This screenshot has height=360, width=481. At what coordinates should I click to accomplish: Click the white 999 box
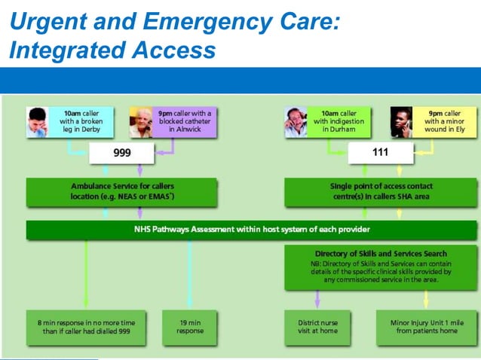pyautogui.click(x=121, y=154)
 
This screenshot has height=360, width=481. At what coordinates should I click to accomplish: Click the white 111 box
pyautogui.click(x=381, y=154)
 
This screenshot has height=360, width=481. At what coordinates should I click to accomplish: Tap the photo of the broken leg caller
pyautogui.click(x=38, y=122)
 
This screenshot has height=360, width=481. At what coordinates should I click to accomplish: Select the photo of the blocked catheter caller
pyautogui.click(x=140, y=122)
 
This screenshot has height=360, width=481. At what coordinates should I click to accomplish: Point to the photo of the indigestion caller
pyautogui.click(x=296, y=122)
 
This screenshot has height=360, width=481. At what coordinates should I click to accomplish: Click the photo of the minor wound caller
pyautogui.click(x=401, y=122)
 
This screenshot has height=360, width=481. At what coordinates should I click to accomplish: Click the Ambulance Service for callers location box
pyautogui.click(x=121, y=191)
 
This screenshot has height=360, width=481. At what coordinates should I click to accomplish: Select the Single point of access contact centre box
pyautogui.click(x=381, y=191)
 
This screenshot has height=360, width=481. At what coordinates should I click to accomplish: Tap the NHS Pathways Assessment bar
pyautogui.click(x=251, y=229)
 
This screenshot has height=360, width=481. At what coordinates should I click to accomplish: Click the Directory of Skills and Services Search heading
pyautogui.click(x=381, y=254)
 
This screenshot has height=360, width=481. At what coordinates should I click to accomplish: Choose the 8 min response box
pyautogui.click(x=86, y=326)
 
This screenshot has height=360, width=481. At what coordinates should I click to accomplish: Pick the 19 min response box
pyautogui.click(x=189, y=326)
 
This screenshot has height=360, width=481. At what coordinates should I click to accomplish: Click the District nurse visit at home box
pyautogui.click(x=317, y=326)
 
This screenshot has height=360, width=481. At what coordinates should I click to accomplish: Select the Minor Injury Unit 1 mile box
pyautogui.click(x=426, y=326)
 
